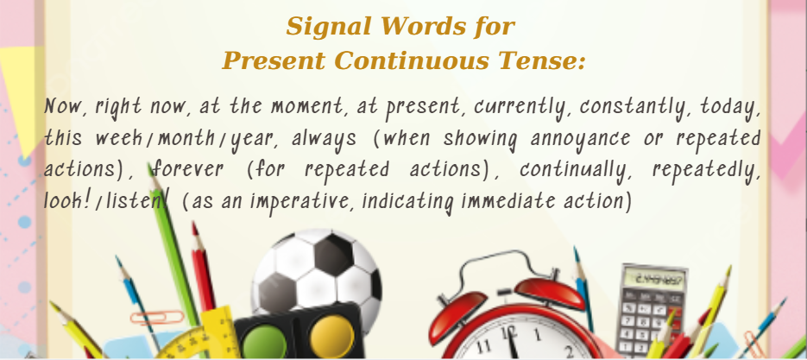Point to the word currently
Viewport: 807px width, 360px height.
[x=523, y=108]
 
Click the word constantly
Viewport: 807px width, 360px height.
[x=637, y=108]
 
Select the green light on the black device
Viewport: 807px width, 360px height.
[x=264, y=342]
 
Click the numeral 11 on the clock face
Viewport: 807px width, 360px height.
[x=483, y=346]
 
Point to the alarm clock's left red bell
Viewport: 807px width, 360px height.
[x=457, y=310]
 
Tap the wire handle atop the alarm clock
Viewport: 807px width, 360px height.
[x=507, y=267]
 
